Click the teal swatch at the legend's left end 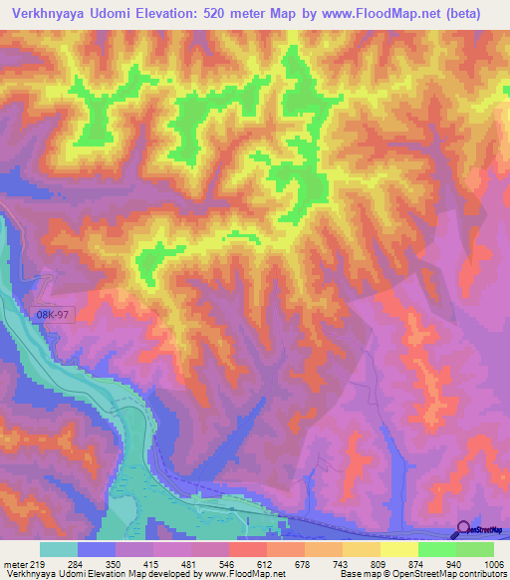click(x=59, y=549)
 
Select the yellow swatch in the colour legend click(x=398, y=549)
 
